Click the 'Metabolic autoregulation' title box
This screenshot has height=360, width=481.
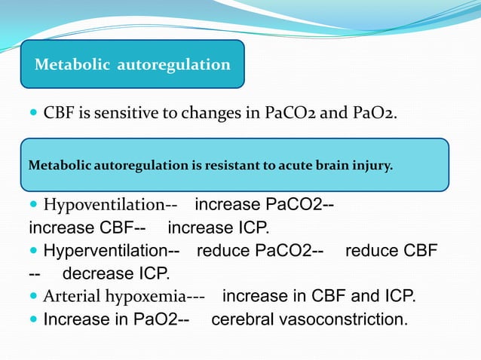(133, 65)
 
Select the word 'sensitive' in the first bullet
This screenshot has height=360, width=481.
(111, 114)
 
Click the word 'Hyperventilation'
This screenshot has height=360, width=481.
(101, 251)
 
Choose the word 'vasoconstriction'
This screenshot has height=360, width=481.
(345, 319)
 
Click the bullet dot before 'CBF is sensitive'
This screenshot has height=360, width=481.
(33, 114)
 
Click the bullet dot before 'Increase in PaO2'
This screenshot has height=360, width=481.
(33, 319)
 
